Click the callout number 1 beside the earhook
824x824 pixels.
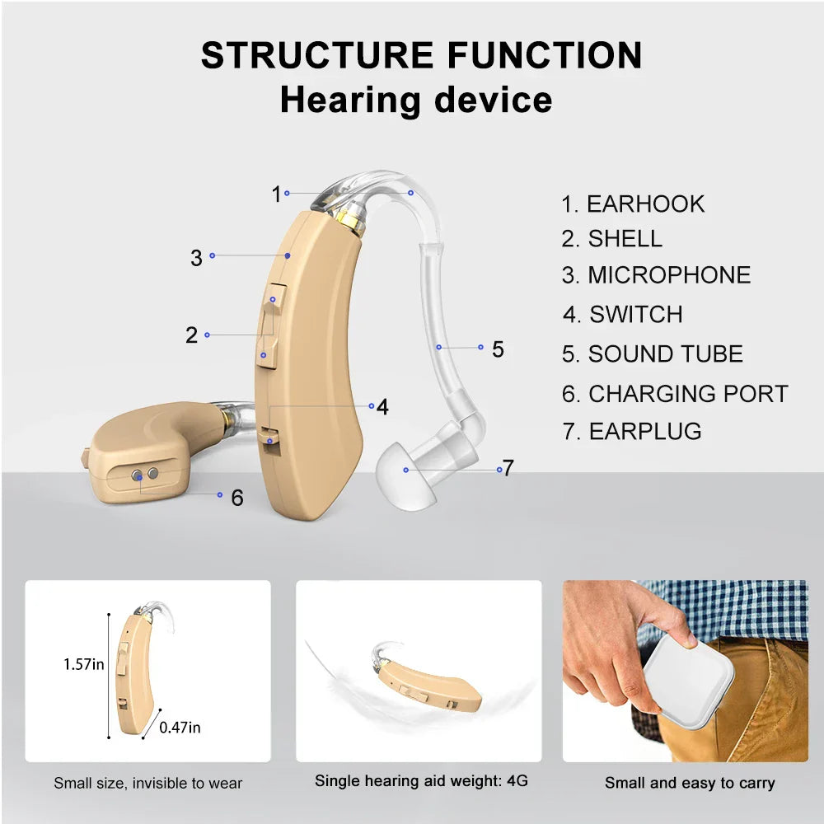(x=276, y=194)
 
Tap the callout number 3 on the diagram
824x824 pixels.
(x=196, y=258)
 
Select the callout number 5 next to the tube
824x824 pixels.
(x=498, y=349)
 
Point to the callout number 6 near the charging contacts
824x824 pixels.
(x=237, y=498)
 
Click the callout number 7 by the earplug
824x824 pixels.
(x=508, y=468)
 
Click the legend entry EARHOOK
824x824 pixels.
(x=633, y=204)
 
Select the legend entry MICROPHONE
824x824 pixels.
(x=656, y=275)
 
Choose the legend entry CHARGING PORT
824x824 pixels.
(x=675, y=394)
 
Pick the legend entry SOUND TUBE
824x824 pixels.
(x=653, y=354)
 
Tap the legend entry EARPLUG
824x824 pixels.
(x=632, y=431)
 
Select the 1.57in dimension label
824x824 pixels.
(x=84, y=663)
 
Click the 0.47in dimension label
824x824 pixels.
(x=180, y=727)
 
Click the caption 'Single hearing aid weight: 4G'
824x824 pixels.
(x=421, y=780)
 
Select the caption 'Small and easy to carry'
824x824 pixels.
(x=690, y=783)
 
